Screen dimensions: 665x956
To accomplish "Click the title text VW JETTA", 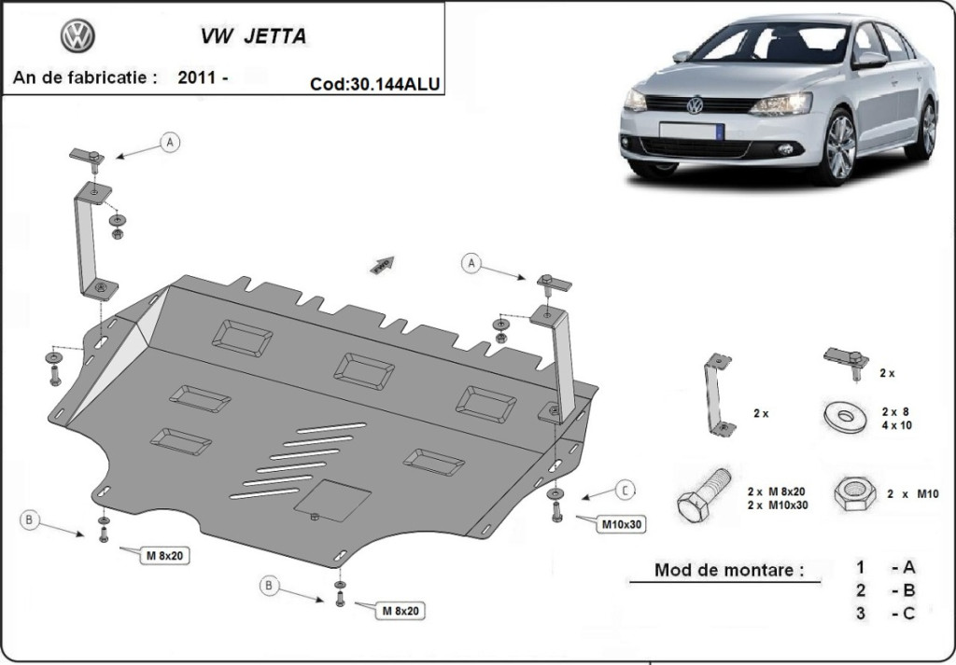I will [252, 38].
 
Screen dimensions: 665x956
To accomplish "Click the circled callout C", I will [625, 489].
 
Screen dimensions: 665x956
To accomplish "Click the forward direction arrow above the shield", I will [383, 264].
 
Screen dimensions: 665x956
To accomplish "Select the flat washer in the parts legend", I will [845, 416].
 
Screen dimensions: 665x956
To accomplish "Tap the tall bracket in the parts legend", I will [717, 393].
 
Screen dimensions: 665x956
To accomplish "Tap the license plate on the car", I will [692, 130].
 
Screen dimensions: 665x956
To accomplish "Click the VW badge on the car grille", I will [695, 105].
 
